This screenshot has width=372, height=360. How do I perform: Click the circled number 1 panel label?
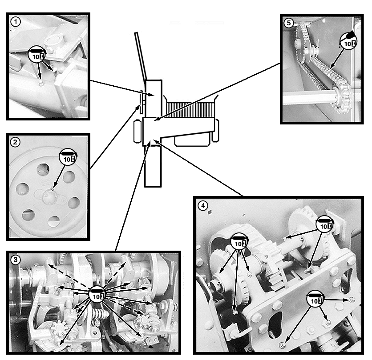point(16,22)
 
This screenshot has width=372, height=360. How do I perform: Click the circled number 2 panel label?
point(16,142)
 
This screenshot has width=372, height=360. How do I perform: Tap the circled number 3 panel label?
point(16,260)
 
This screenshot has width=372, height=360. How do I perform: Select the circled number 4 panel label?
point(203,205)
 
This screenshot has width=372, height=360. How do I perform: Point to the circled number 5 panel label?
point(289,23)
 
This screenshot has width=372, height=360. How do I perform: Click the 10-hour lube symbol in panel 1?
point(37,54)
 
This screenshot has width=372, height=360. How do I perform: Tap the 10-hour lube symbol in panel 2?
point(69,156)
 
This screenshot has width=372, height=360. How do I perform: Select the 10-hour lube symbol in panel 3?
point(97,294)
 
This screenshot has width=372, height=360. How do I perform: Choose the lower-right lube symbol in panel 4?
point(315,299)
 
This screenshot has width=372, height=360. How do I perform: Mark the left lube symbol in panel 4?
point(239,241)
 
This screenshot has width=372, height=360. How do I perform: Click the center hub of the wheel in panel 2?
point(49,196)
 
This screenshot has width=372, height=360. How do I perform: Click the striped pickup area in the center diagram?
point(190,110)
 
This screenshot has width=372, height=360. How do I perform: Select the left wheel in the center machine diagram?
point(137,131)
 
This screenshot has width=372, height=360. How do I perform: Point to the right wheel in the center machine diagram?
point(215,131)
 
